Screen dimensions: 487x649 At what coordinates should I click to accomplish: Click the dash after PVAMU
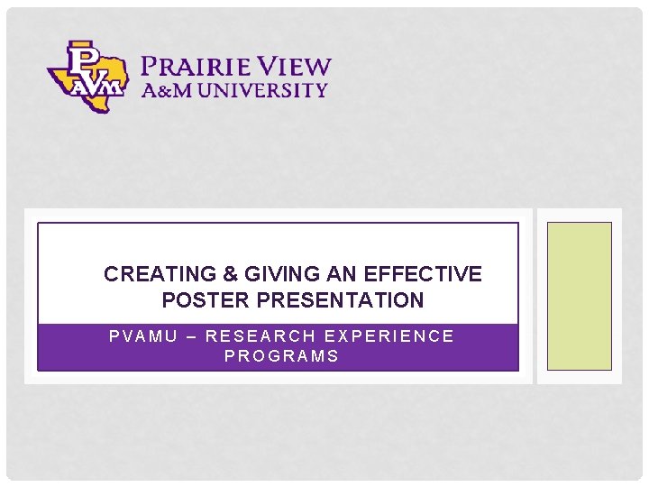(x=187, y=336)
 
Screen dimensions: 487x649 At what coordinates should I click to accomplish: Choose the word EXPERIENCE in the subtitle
(x=388, y=336)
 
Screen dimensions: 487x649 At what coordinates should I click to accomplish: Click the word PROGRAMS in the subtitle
(x=281, y=356)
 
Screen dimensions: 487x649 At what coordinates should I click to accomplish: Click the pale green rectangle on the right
(x=580, y=296)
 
